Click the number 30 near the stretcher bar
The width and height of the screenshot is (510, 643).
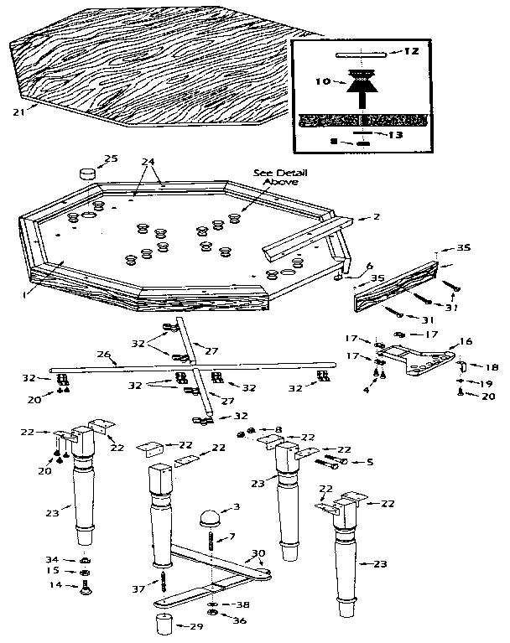point(258,553)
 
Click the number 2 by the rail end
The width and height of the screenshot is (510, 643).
point(377,217)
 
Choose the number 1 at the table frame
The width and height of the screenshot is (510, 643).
point(27,293)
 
